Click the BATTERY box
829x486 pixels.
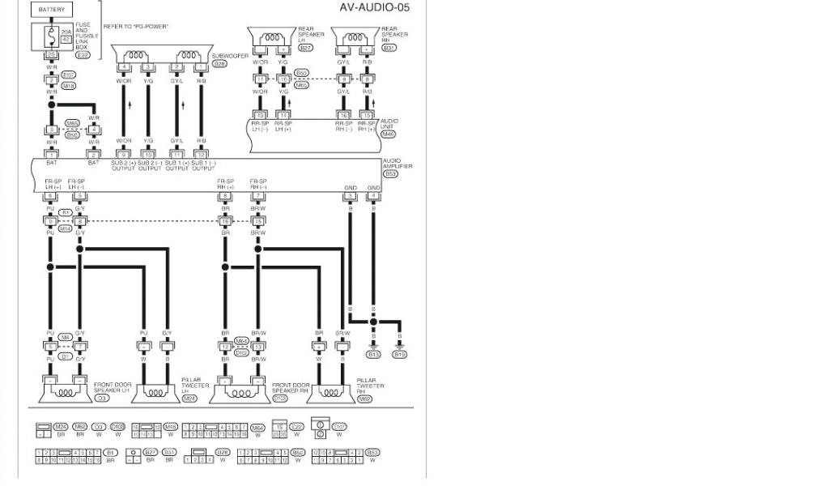51,10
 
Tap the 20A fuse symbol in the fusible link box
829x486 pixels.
51,36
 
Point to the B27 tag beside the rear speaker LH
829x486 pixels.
305,49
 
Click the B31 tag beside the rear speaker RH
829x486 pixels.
389,48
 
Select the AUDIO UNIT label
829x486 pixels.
389,123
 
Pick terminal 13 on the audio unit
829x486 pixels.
260,116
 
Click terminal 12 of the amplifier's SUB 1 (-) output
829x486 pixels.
202,154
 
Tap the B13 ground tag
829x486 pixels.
373,354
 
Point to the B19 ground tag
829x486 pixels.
400,354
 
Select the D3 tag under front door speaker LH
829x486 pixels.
102,399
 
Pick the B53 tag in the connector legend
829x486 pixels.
373,452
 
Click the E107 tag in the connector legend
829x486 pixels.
339,427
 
